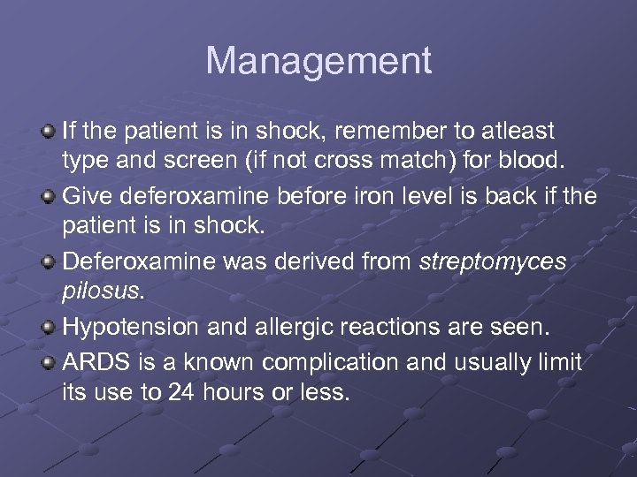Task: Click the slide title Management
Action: pyautogui.click(x=318, y=62)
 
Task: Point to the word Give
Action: pyautogui.click(x=86, y=196)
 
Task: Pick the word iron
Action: pyautogui.click(x=365, y=196)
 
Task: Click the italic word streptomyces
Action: pyautogui.click(x=493, y=261)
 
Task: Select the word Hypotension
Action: pyautogui.click(x=132, y=327)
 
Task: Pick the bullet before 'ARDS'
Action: pyautogui.click(x=49, y=361)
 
